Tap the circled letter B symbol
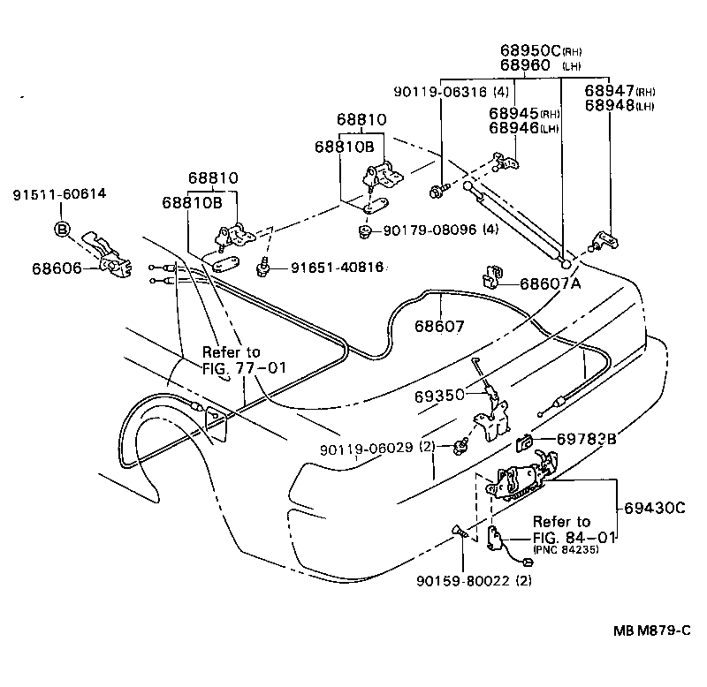[x=63, y=230]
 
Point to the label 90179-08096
[x=429, y=230]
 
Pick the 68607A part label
[x=551, y=284]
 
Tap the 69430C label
[x=655, y=509]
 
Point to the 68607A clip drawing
[x=491, y=277]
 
